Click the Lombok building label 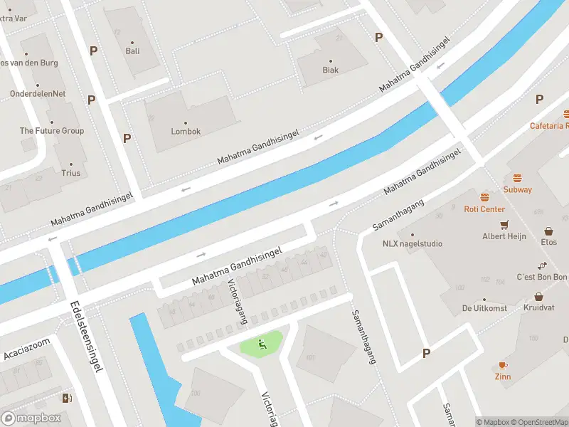click(186, 132)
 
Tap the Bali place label click(132, 51)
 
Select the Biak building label click(330, 70)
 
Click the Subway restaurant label click(517, 189)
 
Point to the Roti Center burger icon click(484, 197)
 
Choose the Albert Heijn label click(504, 236)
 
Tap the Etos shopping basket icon click(548, 231)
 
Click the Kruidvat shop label click(538, 307)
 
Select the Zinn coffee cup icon click(504, 364)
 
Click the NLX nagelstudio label click(412, 243)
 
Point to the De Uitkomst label click(484, 308)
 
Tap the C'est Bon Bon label click(541, 277)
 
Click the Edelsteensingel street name click(87, 336)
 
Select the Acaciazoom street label click(27, 344)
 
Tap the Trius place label click(70, 173)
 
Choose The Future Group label click(51, 131)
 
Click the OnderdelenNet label click(38, 93)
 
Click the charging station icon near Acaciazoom click(68, 398)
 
